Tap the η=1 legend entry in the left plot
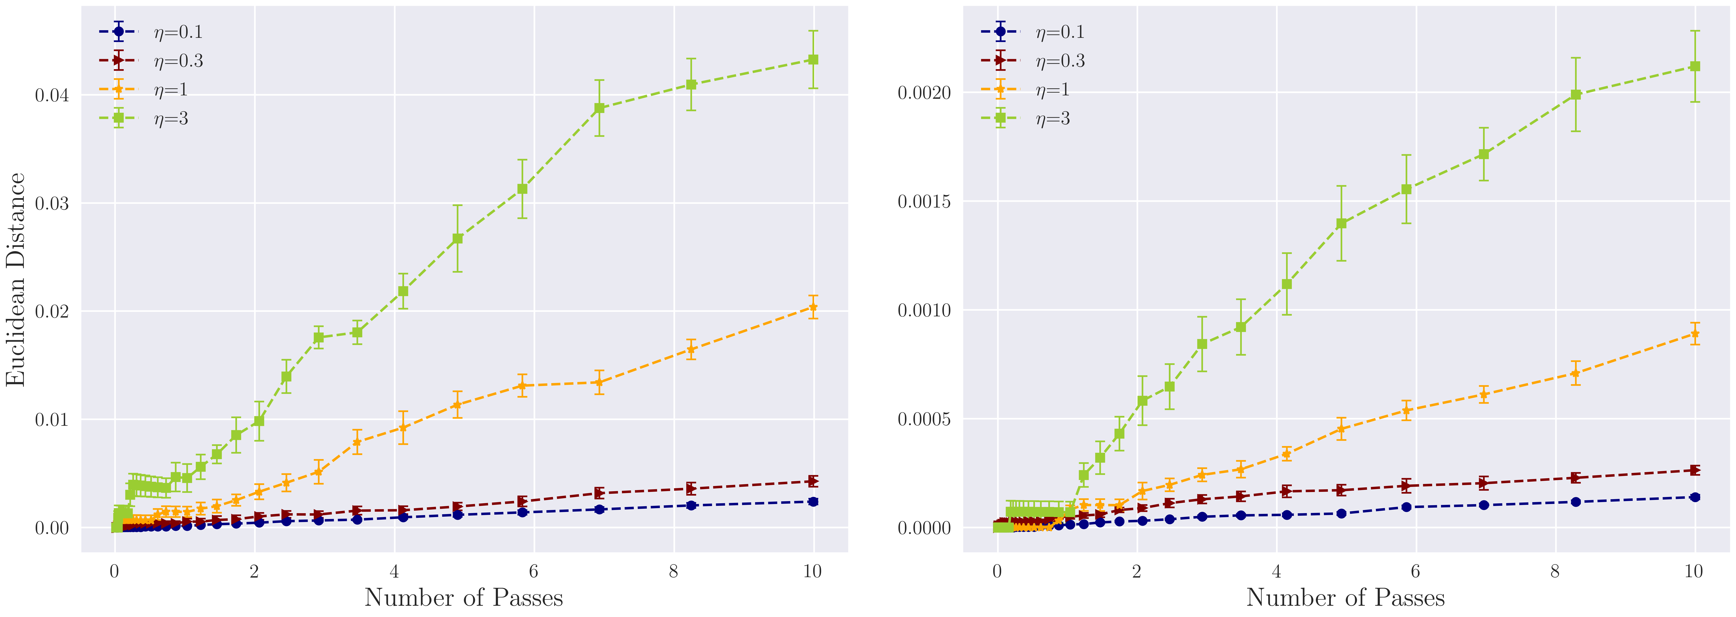click(171, 90)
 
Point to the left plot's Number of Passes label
click(464, 597)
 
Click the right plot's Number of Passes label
click(1345, 597)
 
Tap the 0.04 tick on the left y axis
click(52, 95)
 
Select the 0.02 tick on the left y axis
click(52, 311)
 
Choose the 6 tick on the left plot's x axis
click(534, 572)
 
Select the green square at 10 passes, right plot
click(1694, 66)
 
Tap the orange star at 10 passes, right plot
click(1694, 334)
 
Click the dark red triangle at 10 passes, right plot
click(1694, 470)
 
